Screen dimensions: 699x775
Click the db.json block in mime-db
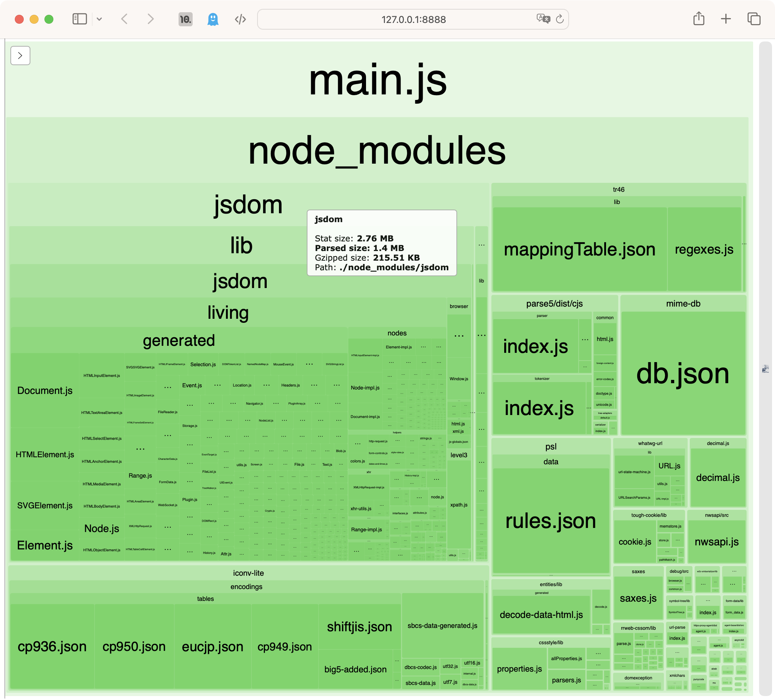(x=683, y=373)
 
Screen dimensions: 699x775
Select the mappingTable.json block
(x=579, y=249)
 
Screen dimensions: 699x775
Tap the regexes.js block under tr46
(x=704, y=249)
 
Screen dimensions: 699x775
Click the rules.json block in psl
(x=551, y=521)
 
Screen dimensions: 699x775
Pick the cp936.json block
(x=52, y=646)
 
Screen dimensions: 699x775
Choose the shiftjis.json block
(x=359, y=626)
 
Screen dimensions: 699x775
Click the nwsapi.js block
(x=716, y=542)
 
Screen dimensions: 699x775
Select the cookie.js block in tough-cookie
(x=635, y=542)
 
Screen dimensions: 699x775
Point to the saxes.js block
(x=638, y=598)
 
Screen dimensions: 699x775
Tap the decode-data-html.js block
(x=541, y=615)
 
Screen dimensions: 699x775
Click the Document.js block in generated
(x=44, y=391)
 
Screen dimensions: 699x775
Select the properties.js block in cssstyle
(x=519, y=669)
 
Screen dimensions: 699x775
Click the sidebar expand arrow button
(x=20, y=56)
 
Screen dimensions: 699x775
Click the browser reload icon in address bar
(x=560, y=19)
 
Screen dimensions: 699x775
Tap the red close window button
(x=19, y=19)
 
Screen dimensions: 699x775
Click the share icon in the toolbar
(x=699, y=19)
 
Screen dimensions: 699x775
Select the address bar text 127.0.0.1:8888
(x=413, y=20)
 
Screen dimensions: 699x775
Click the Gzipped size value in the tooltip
(x=396, y=258)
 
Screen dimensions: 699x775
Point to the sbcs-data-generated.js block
(x=442, y=626)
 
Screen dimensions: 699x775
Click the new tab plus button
(x=726, y=19)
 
